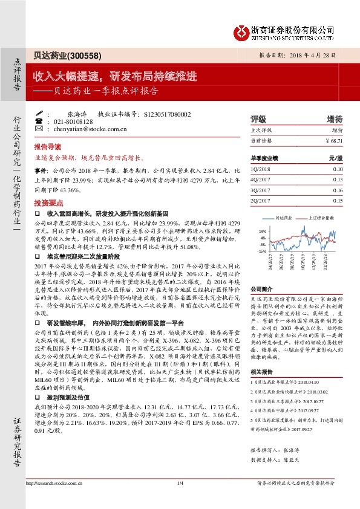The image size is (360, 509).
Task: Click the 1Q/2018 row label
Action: [259, 170]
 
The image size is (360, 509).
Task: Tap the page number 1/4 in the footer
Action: [180, 499]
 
